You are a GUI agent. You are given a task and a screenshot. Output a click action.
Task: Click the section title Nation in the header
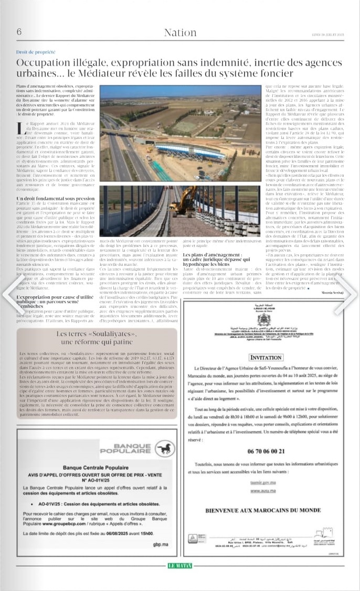coord(180,33)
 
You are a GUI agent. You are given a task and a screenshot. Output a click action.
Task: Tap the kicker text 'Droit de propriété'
coord(36,52)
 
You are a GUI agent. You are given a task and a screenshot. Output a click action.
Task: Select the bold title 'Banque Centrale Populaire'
coord(96,467)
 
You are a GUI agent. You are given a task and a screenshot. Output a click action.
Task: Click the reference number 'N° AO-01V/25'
coord(96,479)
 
